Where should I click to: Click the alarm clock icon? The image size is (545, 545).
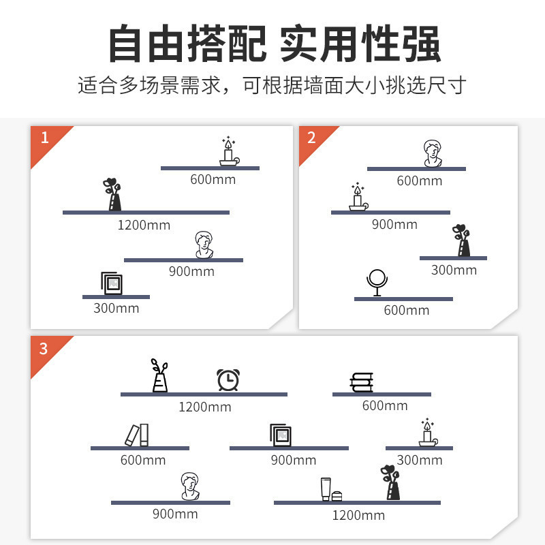[x=228, y=379]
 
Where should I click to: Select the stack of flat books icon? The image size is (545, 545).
[x=361, y=383]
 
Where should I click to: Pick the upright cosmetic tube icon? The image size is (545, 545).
[x=326, y=489]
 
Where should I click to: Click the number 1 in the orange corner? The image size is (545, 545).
[x=45, y=138]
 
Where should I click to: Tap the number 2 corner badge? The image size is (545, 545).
[x=312, y=138]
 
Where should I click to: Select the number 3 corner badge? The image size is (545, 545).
[x=44, y=349]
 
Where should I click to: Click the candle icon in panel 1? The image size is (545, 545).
[x=228, y=151]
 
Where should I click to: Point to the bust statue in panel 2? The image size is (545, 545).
[x=430, y=153]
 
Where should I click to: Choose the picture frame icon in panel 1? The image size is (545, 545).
[x=111, y=283]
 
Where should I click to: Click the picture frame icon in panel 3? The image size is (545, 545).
[x=281, y=435]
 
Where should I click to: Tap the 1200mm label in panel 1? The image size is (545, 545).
[x=144, y=225]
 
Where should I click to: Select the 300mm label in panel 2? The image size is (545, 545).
[x=454, y=270]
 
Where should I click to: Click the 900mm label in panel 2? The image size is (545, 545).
[x=394, y=224]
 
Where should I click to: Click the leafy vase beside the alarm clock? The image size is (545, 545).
[x=159, y=375]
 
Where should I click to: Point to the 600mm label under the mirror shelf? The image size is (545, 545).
[x=406, y=310]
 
